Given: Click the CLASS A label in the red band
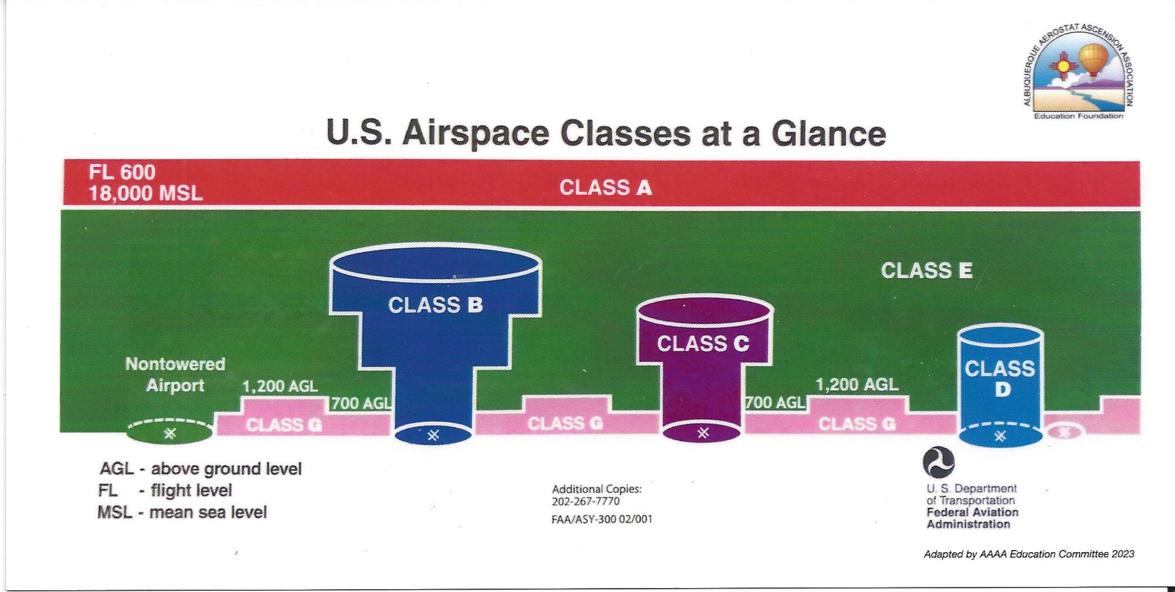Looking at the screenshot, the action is pos(605,187).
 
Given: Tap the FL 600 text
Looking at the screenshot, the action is pos(122,172).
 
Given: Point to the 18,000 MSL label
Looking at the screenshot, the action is pos(145,193).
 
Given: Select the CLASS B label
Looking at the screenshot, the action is pos(435,305).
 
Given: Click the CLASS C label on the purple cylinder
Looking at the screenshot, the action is pos(703,344).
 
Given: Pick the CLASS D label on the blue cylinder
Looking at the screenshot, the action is pos(1000,378).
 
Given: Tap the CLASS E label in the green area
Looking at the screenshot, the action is pos(927,271).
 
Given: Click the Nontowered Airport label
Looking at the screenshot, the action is pos(175,374).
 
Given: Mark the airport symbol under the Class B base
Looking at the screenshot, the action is pos(433,435).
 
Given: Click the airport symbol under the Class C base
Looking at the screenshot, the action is pos(703,433).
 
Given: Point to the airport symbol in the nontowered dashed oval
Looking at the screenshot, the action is pos(171,433).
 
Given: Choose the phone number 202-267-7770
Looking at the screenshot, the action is pos(586,501).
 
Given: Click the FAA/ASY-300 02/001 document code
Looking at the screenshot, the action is pos(602,519).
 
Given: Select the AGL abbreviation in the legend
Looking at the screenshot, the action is pos(117,469).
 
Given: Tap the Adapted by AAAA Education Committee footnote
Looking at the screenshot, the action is pos(1029,554).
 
